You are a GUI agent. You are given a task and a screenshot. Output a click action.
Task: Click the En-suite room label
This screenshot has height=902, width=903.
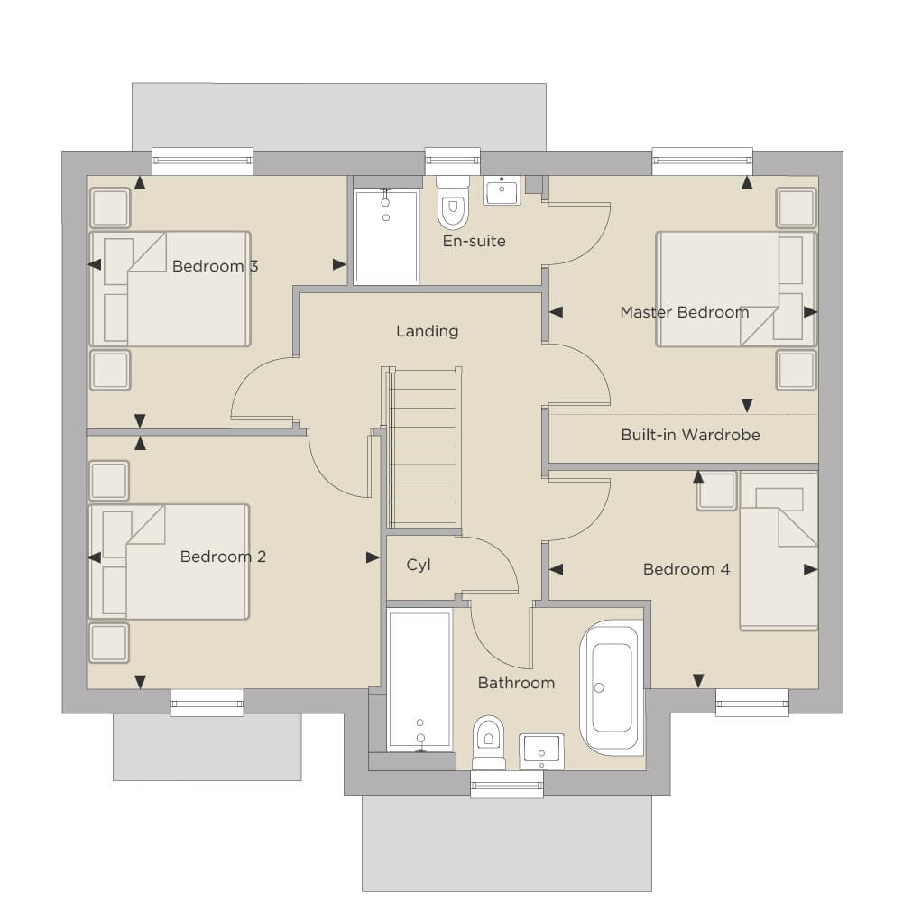pyautogui.click(x=474, y=241)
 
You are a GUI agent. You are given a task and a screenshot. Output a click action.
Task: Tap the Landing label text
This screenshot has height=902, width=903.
pyautogui.click(x=428, y=331)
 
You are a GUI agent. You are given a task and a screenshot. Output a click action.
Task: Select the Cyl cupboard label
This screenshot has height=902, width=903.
pyautogui.click(x=419, y=565)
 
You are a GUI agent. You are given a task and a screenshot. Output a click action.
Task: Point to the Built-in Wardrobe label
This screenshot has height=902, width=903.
pyautogui.click(x=690, y=435)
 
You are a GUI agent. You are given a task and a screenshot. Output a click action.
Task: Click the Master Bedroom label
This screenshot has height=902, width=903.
pyautogui.click(x=685, y=312)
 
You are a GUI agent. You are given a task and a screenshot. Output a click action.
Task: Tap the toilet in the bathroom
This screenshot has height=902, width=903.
pyautogui.click(x=488, y=742)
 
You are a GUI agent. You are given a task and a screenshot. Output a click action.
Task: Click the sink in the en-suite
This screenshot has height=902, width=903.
pyautogui.click(x=502, y=190)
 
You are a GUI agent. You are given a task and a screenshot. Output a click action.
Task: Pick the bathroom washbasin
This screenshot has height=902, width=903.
pyautogui.click(x=541, y=751)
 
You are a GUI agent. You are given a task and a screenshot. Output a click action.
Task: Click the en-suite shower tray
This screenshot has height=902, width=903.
pyautogui.click(x=386, y=236)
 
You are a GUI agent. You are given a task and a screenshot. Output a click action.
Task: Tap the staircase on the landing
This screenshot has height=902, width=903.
pyautogui.click(x=424, y=447)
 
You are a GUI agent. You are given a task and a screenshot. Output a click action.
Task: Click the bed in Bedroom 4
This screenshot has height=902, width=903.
pyautogui.click(x=779, y=550)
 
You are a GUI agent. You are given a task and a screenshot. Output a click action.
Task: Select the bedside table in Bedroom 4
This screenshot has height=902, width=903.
pyautogui.click(x=716, y=492)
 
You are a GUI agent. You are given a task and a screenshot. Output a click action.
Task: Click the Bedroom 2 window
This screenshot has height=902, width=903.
pyautogui.click(x=207, y=703)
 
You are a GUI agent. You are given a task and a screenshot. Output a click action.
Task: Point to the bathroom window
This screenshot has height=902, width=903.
pyautogui.click(x=507, y=785)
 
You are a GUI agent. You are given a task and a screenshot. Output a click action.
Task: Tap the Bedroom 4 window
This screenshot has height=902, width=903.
pyautogui.click(x=752, y=703)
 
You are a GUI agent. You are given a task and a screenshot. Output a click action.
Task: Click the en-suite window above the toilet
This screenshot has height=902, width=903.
pyautogui.click(x=453, y=161)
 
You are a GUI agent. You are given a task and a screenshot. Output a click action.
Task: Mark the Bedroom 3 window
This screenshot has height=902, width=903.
pyautogui.click(x=203, y=161)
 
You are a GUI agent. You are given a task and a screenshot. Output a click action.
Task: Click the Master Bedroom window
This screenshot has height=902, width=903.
pyautogui.click(x=703, y=161)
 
